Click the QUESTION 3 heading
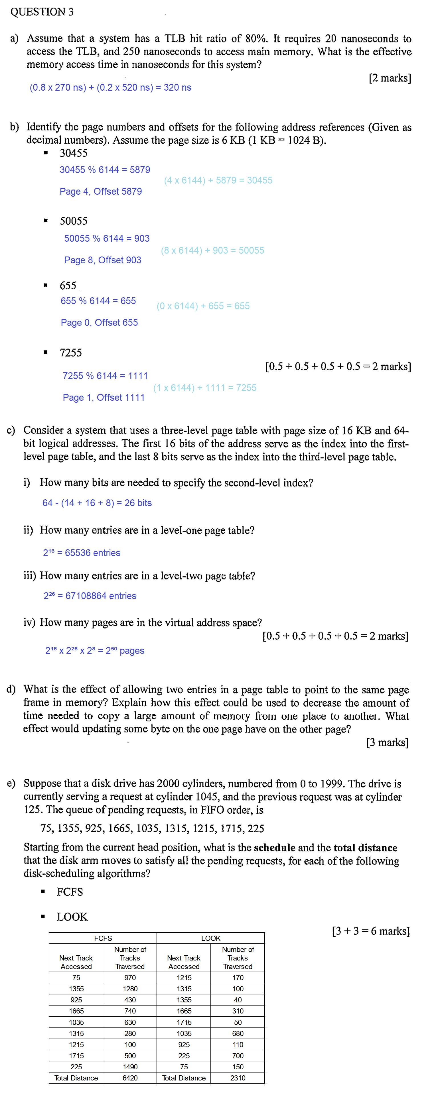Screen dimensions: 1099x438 click(x=42, y=12)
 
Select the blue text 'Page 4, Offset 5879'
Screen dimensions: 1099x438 click(x=101, y=192)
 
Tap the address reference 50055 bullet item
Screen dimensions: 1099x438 click(x=73, y=221)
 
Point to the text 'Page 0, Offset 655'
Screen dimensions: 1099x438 click(x=99, y=323)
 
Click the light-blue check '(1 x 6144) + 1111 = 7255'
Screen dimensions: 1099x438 click(x=205, y=388)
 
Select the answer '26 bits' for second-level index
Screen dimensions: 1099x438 click(x=138, y=503)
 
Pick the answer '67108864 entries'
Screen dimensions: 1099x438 click(x=101, y=596)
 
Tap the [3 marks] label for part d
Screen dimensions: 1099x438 click(x=387, y=743)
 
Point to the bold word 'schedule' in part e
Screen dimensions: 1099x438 click(x=275, y=848)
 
